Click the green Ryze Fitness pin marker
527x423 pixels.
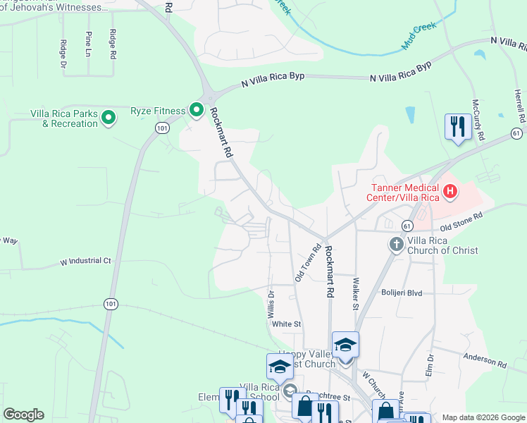click(196, 110)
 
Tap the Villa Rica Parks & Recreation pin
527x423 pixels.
click(108, 117)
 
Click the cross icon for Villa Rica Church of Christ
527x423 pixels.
click(396, 244)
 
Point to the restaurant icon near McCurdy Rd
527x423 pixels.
click(458, 127)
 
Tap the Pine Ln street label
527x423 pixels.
click(88, 44)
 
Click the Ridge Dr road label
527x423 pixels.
click(63, 54)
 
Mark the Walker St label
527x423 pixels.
click(356, 293)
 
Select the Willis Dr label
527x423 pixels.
click(271, 303)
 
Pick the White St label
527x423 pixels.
click(287, 324)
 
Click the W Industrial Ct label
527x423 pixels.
click(86, 262)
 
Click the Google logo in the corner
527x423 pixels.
click(23, 415)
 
